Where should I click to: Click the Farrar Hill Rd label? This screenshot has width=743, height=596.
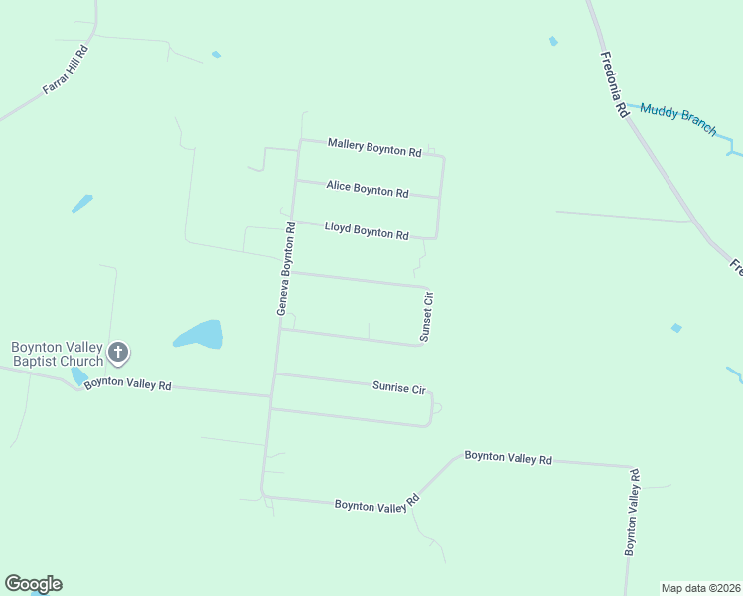pyautogui.click(x=66, y=70)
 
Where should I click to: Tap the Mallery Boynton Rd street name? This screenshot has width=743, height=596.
pyautogui.click(x=374, y=149)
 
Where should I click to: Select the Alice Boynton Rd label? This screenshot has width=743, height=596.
pyautogui.click(x=368, y=190)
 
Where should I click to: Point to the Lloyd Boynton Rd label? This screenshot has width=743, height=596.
pyautogui.click(x=367, y=231)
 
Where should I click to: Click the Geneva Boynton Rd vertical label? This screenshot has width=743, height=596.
pyautogui.click(x=286, y=268)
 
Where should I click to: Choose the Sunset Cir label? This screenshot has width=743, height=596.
pyautogui.click(x=427, y=317)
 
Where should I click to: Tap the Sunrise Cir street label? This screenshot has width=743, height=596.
pyautogui.click(x=398, y=387)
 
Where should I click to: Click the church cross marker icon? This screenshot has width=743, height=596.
pyautogui.click(x=118, y=352)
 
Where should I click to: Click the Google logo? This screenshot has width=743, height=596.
pyautogui.click(x=33, y=584)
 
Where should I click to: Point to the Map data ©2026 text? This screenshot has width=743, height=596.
pyautogui.click(x=700, y=588)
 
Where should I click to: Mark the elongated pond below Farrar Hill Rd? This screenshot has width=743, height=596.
pyautogui.click(x=82, y=203)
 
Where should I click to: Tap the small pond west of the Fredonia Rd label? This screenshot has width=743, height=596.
pyautogui.click(x=553, y=41)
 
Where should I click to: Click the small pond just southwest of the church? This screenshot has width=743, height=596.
pyautogui.click(x=78, y=376)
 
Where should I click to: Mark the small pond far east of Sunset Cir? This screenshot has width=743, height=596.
pyautogui.click(x=676, y=328)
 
